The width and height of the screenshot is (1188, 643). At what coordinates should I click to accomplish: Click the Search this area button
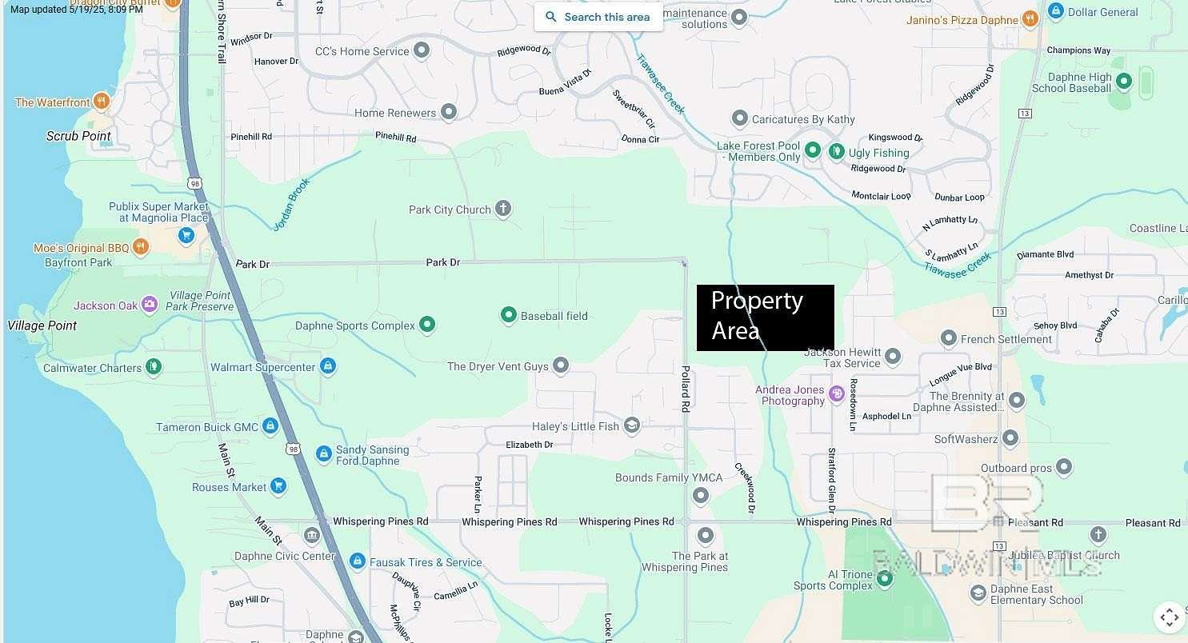(x=598, y=17)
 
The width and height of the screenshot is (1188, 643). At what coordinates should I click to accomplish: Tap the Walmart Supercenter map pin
(x=326, y=366)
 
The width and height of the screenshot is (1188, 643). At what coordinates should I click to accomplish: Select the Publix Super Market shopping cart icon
(x=186, y=235)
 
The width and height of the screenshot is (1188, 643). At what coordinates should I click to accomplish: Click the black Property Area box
(x=765, y=318)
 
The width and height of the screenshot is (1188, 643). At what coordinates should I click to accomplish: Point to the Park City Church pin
(x=503, y=210)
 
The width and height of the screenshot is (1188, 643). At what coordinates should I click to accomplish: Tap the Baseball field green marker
(x=508, y=315)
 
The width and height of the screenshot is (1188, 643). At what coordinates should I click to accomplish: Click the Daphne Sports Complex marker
(x=427, y=325)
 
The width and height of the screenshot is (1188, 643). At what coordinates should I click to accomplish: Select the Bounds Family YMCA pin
(x=701, y=496)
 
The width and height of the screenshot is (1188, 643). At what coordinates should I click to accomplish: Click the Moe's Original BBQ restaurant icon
(x=141, y=247)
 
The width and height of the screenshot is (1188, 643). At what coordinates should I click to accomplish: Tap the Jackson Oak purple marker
(x=150, y=305)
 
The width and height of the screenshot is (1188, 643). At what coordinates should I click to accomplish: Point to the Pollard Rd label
(x=686, y=389)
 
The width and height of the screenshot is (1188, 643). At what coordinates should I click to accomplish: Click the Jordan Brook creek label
(x=291, y=205)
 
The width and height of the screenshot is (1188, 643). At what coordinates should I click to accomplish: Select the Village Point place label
(x=42, y=325)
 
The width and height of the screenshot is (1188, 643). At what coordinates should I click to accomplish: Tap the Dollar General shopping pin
(x=1055, y=12)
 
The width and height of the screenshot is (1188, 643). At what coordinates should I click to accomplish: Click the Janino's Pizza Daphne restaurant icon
(x=1030, y=19)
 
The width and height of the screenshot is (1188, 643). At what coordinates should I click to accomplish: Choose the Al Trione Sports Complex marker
(x=884, y=579)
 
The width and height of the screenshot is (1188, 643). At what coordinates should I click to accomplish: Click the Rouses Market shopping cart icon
(x=278, y=486)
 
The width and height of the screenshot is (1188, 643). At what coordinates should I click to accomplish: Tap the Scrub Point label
(x=78, y=136)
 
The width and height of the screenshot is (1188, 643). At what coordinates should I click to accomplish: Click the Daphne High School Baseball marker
(x=1123, y=81)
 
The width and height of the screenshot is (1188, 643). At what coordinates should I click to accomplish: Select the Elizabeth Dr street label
(x=529, y=445)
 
